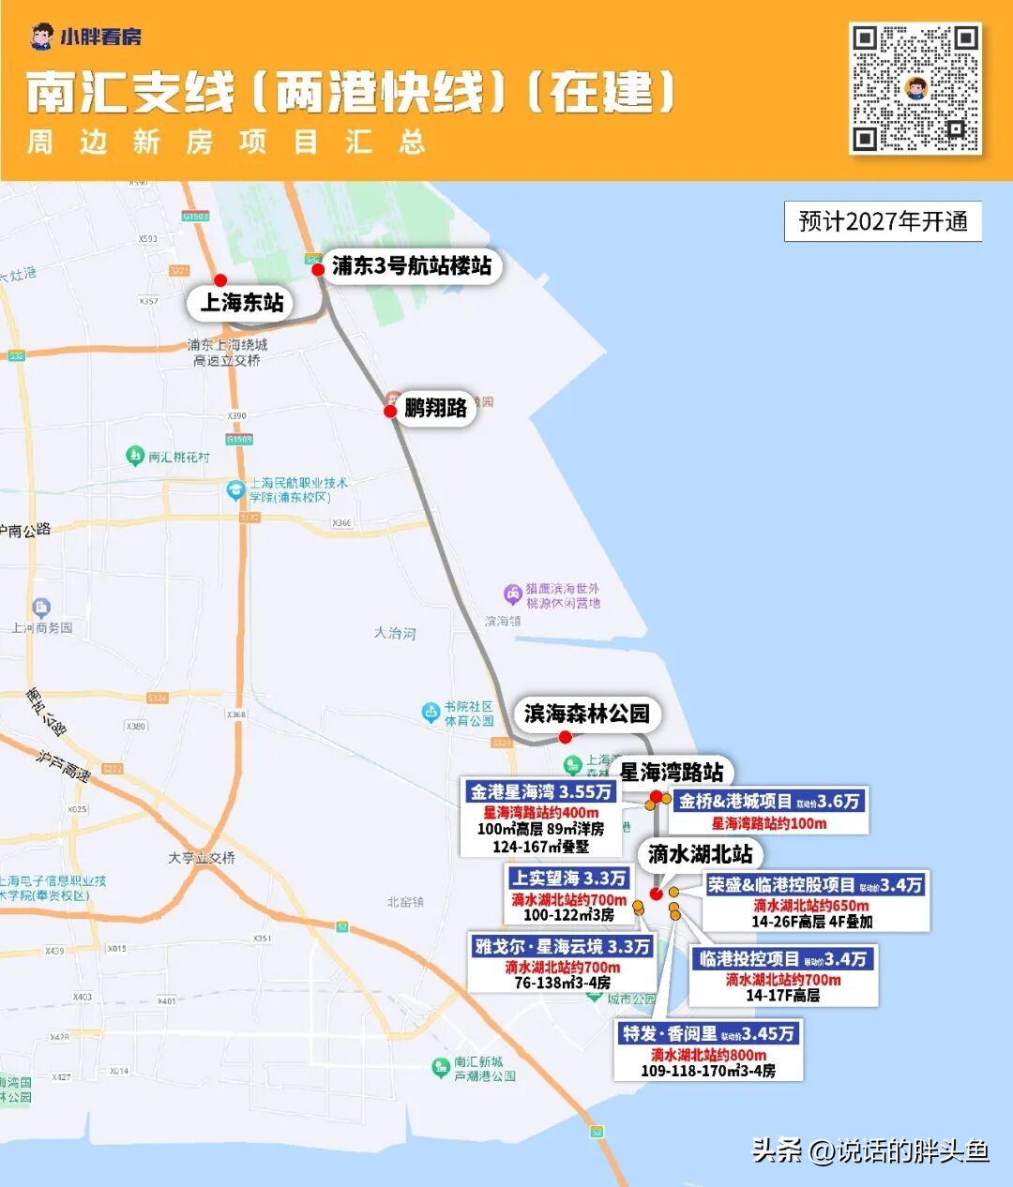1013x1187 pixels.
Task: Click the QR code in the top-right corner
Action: [915, 89]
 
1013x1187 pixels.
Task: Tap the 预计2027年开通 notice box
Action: [883, 222]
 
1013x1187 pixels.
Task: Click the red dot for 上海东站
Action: [220, 280]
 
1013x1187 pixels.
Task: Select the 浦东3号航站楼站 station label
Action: [411, 266]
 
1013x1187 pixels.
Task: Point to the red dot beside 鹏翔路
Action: [390, 411]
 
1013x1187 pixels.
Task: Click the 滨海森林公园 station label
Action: [586, 714]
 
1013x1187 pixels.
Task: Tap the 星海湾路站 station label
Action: [672, 773]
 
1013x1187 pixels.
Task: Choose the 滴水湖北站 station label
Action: [700, 854]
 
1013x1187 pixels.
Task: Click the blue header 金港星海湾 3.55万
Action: [541, 792]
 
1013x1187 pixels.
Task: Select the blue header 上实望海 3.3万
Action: [568, 879]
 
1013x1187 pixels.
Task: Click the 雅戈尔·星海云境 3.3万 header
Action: [562, 947]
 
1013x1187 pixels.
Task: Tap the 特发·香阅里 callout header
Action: [709, 1033]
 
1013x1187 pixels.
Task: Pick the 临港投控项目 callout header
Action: [782, 959]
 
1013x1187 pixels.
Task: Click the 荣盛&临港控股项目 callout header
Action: [815, 885]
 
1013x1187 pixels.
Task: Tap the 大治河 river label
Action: [394, 633]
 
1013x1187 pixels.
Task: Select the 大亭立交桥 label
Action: [202, 858]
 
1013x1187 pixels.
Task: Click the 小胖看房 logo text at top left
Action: [101, 38]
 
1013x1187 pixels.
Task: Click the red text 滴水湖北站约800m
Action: [708, 1055]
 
